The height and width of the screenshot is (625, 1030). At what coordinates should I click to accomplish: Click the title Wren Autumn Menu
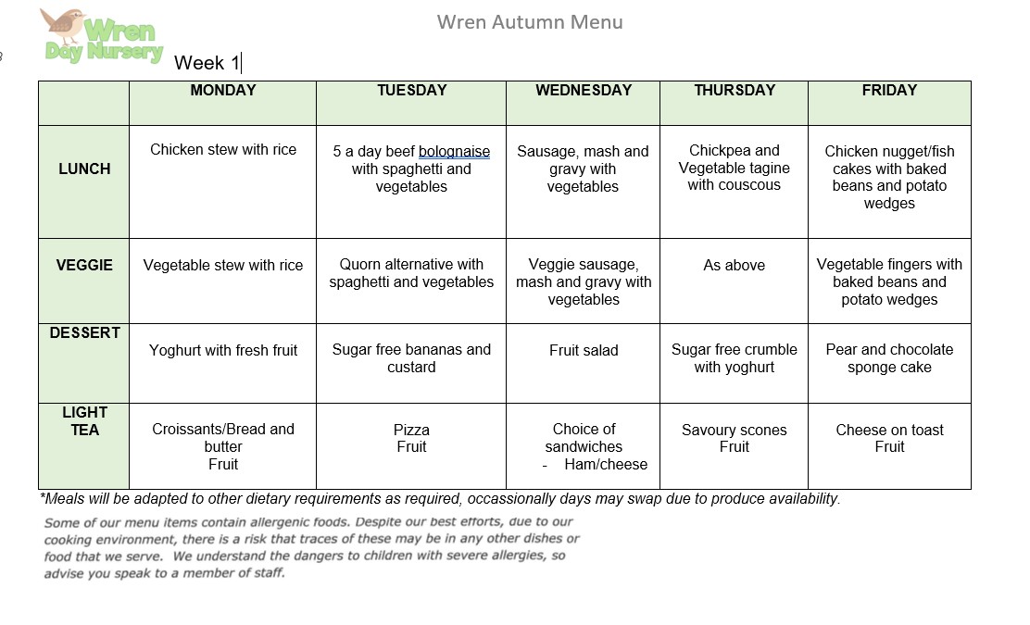[x=530, y=22]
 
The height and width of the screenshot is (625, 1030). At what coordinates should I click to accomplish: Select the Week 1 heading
[x=207, y=63]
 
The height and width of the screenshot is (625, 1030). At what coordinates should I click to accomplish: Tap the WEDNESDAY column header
[x=584, y=91]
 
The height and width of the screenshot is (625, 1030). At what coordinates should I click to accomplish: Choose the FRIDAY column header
[x=889, y=91]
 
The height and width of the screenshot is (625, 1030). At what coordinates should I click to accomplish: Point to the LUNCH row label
[x=84, y=169]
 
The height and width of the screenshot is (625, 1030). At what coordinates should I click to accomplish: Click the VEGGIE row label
[x=84, y=265]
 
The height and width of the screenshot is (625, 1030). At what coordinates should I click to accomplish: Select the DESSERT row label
[x=84, y=333]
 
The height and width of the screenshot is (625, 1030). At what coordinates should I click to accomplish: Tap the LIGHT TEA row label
[x=84, y=421]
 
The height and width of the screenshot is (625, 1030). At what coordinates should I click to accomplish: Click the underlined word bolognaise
[x=454, y=152]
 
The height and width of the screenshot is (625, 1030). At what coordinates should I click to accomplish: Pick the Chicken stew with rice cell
[x=223, y=150]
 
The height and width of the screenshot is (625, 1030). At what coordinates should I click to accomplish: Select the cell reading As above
[x=734, y=266]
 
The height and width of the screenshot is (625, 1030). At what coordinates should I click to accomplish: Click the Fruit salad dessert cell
[x=584, y=351]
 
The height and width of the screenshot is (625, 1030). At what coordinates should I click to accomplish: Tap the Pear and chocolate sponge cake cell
[x=889, y=358]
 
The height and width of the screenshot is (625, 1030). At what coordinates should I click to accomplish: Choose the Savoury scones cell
[x=734, y=431]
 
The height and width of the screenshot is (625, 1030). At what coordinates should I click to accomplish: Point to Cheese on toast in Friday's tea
[x=889, y=431]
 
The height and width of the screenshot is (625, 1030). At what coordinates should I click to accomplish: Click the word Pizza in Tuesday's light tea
[x=411, y=431]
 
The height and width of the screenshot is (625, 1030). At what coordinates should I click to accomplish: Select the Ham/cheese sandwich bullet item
[x=606, y=465]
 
